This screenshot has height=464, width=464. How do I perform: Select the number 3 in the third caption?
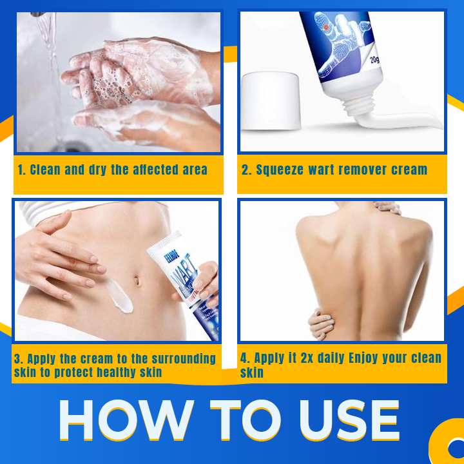coord(18,358)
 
